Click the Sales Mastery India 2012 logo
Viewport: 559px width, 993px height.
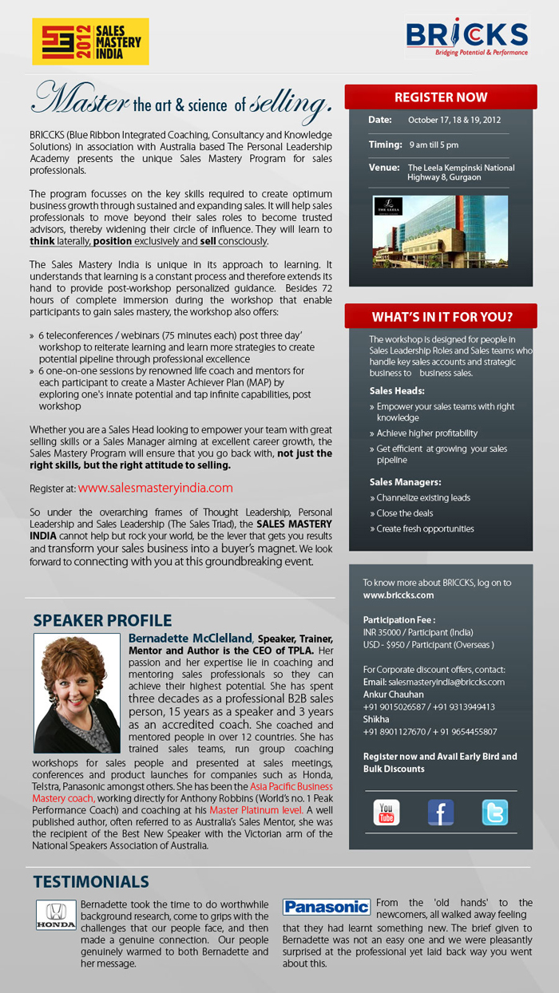click(x=90, y=41)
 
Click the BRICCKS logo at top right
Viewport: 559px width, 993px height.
click(x=466, y=38)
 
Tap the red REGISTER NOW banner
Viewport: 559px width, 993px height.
click(x=441, y=97)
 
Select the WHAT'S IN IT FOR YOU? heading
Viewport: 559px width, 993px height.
click(x=441, y=315)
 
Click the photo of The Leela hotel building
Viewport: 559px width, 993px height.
click(x=441, y=231)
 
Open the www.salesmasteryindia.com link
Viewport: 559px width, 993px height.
click(x=155, y=488)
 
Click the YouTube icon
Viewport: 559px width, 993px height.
click(x=387, y=812)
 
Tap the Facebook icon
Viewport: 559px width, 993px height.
click(x=441, y=812)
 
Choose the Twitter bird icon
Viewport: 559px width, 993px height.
click(x=494, y=812)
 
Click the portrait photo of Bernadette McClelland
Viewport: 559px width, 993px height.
click(x=77, y=693)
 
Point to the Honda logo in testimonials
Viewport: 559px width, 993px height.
click(x=56, y=916)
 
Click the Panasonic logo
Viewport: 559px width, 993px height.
click(x=327, y=907)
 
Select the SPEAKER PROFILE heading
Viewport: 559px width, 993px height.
click(x=102, y=620)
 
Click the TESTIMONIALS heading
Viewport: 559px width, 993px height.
click(x=91, y=881)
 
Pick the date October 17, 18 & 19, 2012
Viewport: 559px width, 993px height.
click(x=454, y=121)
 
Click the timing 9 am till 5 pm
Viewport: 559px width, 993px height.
click(x=434, y=145)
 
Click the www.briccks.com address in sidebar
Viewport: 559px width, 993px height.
click(x=398, y=595)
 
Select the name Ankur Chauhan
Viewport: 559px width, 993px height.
click(x=394, y=694)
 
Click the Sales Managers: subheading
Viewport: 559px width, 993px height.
click(x=405, y=482)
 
